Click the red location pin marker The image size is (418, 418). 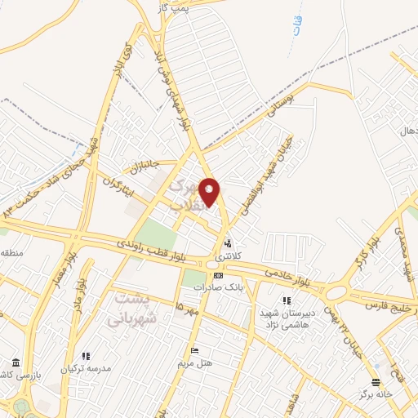coord(210,192)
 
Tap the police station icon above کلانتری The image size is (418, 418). coord(228,243)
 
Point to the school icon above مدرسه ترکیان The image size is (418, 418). coord(85,356)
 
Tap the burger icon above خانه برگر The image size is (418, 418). coord(375,382)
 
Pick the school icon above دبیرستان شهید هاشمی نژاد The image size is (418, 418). coord(286,300)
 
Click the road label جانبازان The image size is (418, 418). coord(139,166)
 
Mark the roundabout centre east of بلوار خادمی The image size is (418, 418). coord(336,291)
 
